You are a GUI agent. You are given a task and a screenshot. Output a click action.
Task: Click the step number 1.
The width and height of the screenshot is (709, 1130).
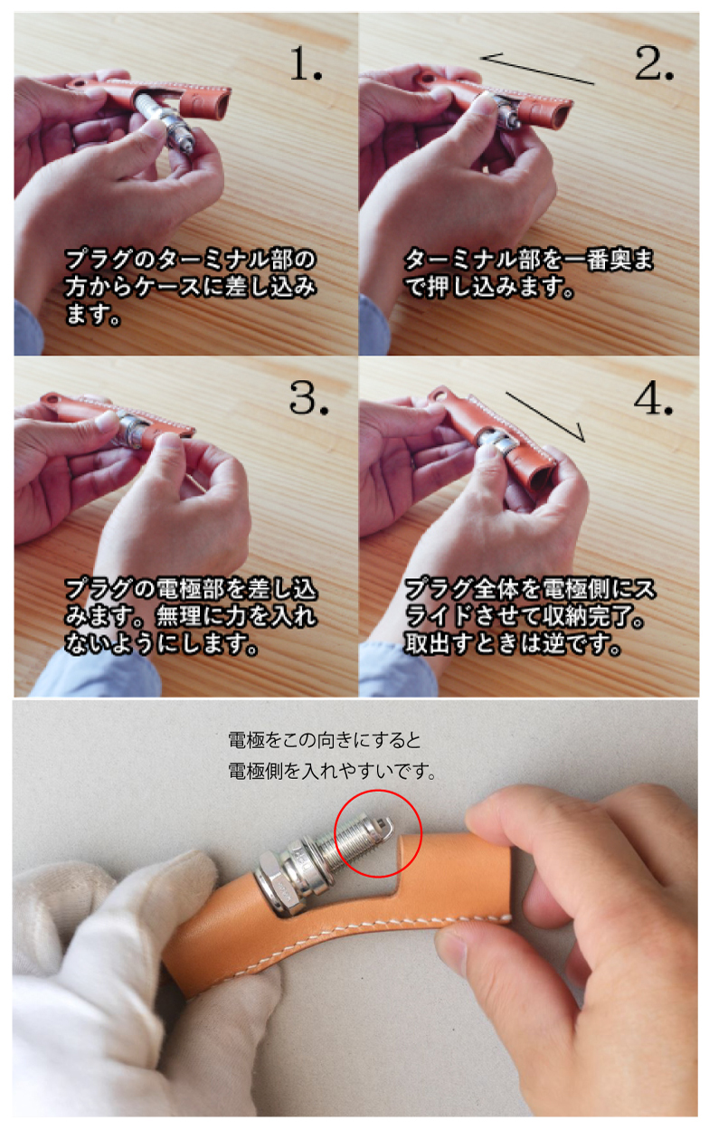[306, 64]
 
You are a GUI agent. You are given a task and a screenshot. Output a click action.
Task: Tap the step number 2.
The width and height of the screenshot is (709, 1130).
[654, 63]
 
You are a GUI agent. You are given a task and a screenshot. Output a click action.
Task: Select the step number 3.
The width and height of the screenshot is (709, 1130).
[308, 398]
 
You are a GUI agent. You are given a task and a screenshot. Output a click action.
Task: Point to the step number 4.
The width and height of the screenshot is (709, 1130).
[654, 398]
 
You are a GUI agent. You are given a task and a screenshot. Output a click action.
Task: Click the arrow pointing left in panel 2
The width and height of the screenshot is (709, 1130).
[537, 69]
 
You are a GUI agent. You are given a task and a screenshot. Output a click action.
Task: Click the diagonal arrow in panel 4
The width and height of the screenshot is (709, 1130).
[545, 417]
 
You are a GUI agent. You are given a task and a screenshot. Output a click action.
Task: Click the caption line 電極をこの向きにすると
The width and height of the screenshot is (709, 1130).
[325, 741]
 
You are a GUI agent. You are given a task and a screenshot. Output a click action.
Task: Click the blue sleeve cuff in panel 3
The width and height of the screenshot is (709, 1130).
[96, 673]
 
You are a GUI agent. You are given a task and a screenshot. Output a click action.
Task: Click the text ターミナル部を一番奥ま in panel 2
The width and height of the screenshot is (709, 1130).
[529, 260]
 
